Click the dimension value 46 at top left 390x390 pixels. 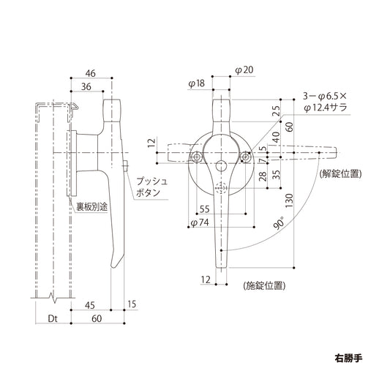coord(91,73)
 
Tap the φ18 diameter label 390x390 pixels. coord(195,83)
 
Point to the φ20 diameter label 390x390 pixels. coord(244,70)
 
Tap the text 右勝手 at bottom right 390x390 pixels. coord(348,360)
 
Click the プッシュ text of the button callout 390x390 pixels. coord(151,180)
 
